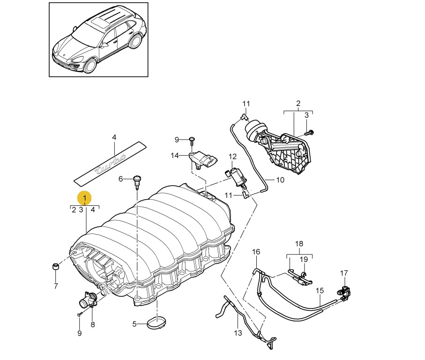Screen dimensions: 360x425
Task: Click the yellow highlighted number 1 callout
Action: (x=85, y=199)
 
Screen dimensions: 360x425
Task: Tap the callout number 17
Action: (x=344, y=273)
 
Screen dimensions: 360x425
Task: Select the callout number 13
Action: (x=238, y=333)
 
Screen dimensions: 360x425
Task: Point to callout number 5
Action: (x=134, y=324)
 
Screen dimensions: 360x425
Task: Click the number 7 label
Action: (x=55, y=286)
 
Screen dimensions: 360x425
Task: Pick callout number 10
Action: (x=280, y=180)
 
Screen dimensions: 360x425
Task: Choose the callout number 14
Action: (x=175, y=156)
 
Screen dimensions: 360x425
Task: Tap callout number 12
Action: (x=233, y=156)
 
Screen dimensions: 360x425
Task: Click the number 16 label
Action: (x=256, y=252)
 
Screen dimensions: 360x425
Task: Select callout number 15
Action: (x=320, y=291)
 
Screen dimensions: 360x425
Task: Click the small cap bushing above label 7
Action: (x=55, y=267)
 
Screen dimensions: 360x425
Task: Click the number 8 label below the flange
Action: (x=92, y=324)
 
